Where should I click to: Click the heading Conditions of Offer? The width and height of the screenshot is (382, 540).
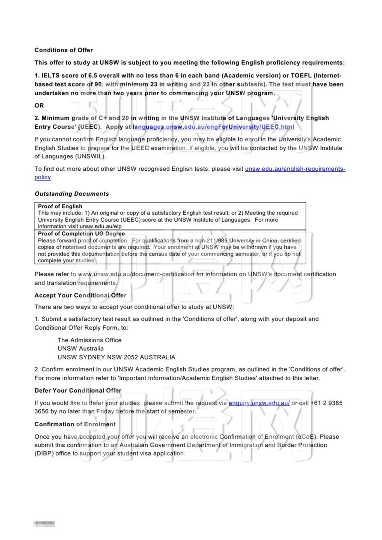pos(64,50)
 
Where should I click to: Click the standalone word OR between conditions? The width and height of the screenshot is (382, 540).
pos(39,105)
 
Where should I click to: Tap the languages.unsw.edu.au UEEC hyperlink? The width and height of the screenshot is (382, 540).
pos(213,127)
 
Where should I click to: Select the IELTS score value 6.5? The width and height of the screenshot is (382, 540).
pos(92,76)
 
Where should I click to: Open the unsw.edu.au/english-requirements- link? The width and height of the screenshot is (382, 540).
pos(295,169)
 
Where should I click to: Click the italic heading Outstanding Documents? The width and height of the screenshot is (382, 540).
pos(71,194)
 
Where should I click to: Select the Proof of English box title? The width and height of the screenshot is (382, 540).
pos(60,206)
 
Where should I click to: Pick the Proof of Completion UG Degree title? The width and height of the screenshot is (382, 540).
pos(81,234)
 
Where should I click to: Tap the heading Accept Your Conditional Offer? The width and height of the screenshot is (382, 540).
pos(80,295)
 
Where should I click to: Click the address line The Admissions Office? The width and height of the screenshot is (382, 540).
pos(89,340)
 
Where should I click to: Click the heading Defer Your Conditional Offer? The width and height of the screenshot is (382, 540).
pos(78,391)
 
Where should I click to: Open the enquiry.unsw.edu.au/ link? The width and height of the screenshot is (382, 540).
pos(259,403)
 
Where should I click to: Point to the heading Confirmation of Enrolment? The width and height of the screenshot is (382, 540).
pos(75,424)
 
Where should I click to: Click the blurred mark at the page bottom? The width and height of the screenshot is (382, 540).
pos(44,524)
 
